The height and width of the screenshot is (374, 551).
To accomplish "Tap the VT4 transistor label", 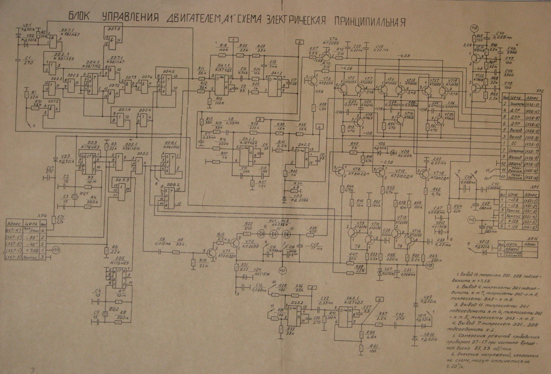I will pos(334,39).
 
